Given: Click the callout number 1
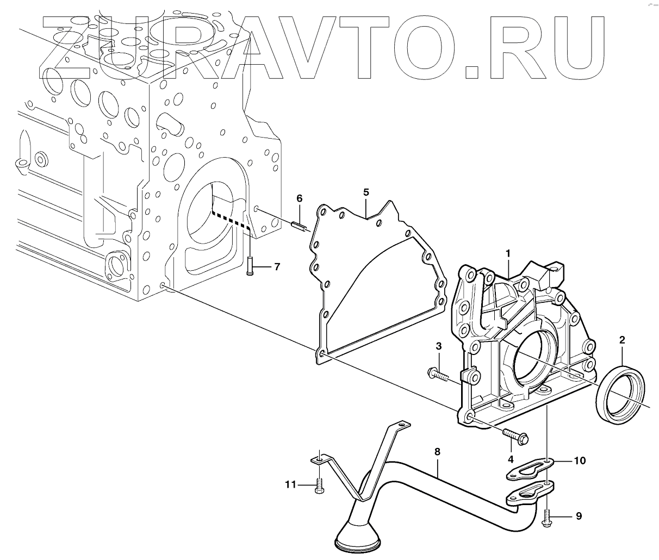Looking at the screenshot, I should pos(507,253).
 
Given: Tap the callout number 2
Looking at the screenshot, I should pos(622,341).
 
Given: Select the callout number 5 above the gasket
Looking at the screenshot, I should pos(366,192).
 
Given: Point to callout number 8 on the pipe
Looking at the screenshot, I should pos(437,451).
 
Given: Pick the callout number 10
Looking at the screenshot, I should pos(580,461).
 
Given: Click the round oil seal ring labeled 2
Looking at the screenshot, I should pos(622,393).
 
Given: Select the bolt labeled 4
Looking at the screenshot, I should pos(517,435).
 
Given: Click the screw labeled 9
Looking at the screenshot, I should pos(547,517).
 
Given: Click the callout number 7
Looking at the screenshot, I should pos(277,266).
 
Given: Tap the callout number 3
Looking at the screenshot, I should pos(438,346).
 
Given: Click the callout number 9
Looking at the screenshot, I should pos(579,516).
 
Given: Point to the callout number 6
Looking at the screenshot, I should pos(299,198).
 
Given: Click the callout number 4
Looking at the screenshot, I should pos(511,459).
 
